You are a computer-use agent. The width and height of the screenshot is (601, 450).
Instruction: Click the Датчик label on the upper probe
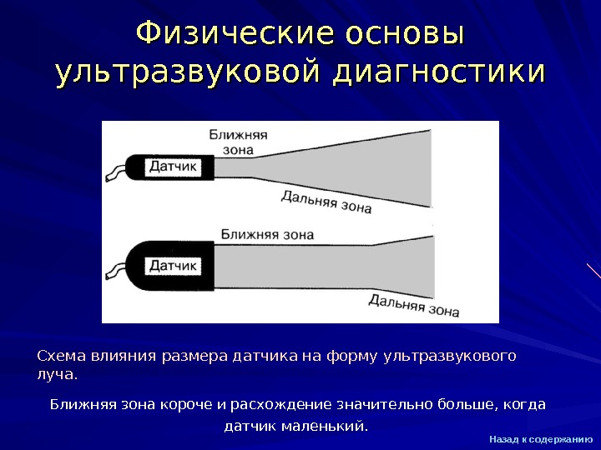coord(173,167)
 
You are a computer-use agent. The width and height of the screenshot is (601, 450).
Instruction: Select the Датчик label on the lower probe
coord(173,266)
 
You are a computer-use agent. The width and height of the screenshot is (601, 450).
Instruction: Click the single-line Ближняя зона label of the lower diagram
coord(267,234)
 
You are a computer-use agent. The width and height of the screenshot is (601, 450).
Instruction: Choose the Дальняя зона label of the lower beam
coord(414,305)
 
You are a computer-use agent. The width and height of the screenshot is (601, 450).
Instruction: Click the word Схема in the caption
coord(58,357)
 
